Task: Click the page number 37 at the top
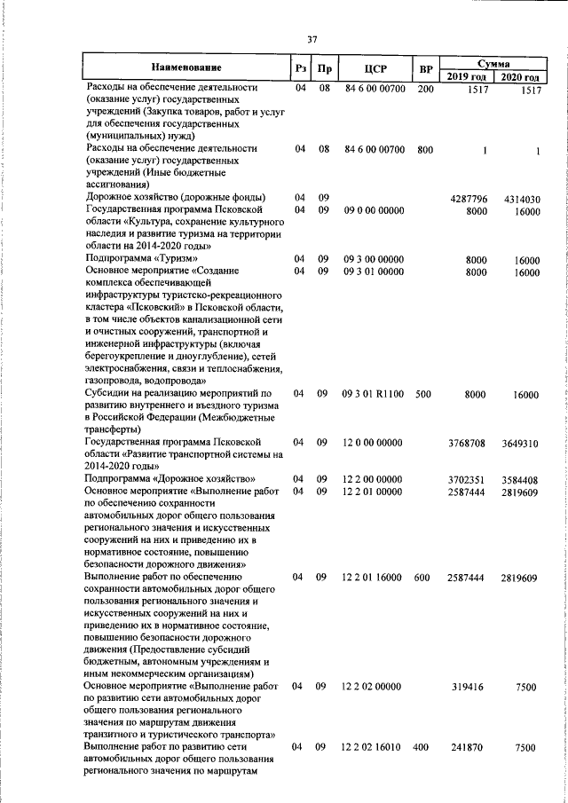point(312,39)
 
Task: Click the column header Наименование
point(185,67)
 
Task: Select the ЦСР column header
point(373,68)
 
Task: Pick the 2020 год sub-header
point(521,77)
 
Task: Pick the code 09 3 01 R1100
point(374,394)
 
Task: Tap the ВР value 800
point(425,149)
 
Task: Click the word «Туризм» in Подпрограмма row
point(168,259)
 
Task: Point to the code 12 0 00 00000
point(374,442)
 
